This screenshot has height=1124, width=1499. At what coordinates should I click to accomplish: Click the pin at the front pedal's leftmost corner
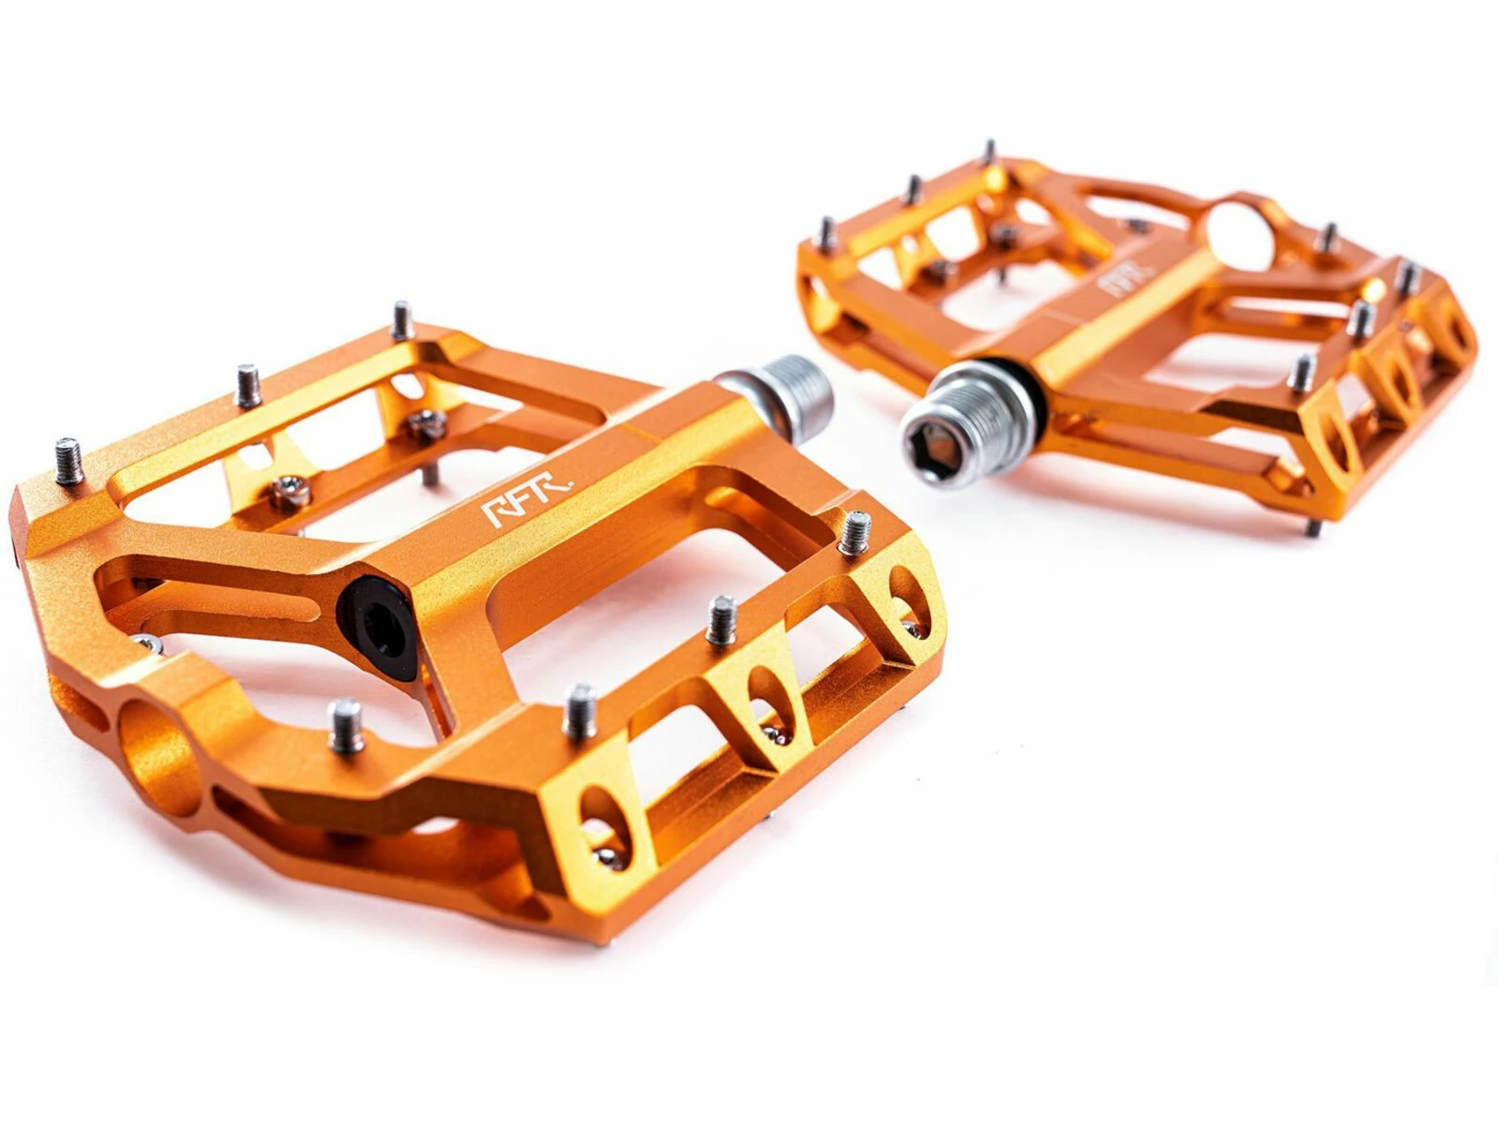(69, 462)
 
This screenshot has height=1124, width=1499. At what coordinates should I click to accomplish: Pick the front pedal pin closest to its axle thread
(854, 533)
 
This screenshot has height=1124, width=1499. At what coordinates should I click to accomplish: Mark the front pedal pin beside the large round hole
(347, 725)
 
